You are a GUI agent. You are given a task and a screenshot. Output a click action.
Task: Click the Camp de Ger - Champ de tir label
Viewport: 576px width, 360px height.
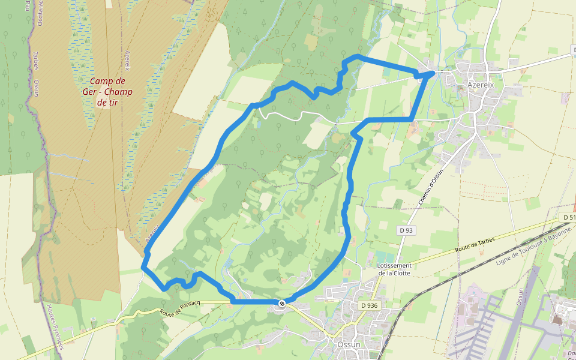(108, 91)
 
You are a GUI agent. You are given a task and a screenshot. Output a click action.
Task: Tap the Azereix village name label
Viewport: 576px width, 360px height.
(481, 85)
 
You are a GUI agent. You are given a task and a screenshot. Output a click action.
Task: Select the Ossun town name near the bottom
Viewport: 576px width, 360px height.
(349, 344)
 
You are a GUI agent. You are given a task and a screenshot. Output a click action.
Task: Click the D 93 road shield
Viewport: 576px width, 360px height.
(406, 230)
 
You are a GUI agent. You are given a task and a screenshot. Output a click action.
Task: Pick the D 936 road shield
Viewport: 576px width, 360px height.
(370, 305)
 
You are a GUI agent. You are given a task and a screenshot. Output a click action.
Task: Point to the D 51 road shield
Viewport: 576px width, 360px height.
(568, 217)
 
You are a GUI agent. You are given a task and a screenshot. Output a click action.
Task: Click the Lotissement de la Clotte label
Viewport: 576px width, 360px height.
(394, 269)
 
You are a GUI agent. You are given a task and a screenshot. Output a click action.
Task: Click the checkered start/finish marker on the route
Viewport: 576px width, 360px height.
(281, 303)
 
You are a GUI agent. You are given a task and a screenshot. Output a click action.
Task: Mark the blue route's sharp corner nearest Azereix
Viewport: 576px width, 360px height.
(433, 73)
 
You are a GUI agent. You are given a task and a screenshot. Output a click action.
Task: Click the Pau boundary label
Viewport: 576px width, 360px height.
(28, 6)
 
